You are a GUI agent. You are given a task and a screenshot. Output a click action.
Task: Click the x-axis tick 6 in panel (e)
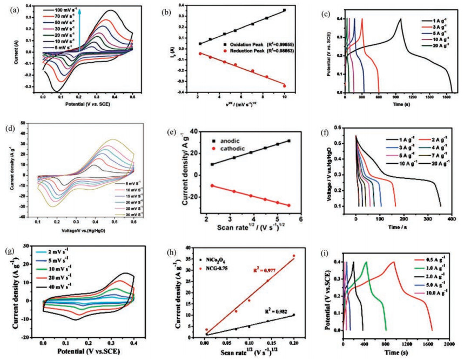300,218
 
